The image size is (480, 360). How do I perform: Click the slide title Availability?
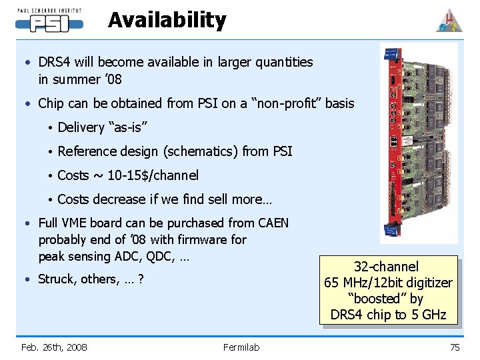click(x=167, y=20)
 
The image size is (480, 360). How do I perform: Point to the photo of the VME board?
click(x=418, y=142)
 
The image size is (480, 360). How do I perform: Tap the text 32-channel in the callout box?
click(x=387, y=267)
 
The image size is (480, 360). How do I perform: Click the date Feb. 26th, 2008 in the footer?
click(x=54, y=347)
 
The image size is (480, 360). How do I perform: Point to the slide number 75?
click(x=455, y=347)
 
